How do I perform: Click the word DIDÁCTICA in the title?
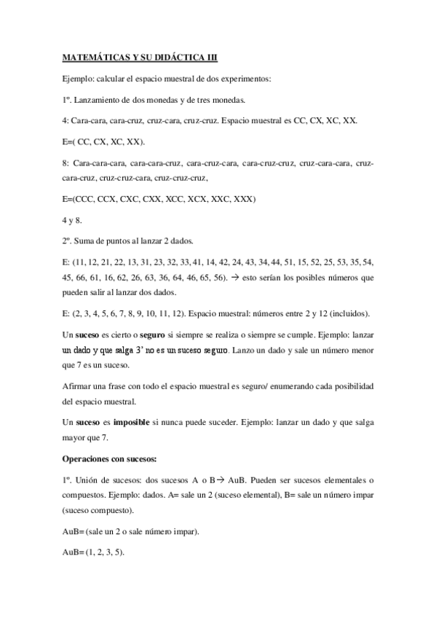pyautogui.click(x=173, y=56)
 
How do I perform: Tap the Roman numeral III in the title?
pyautogui.click(x=209, y=56)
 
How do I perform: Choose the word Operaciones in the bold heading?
pyautogui.click(x=87, y=458)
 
